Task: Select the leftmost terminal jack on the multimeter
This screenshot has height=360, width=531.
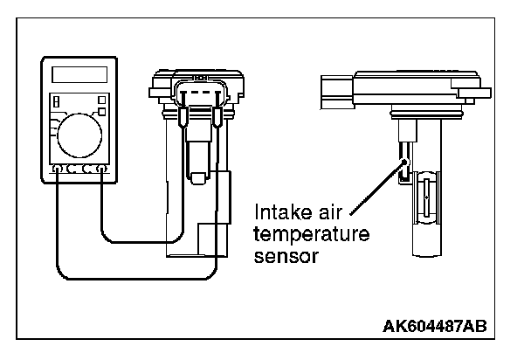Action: pos(59,168)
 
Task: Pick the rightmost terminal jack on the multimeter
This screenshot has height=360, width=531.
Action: pos(102,168)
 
